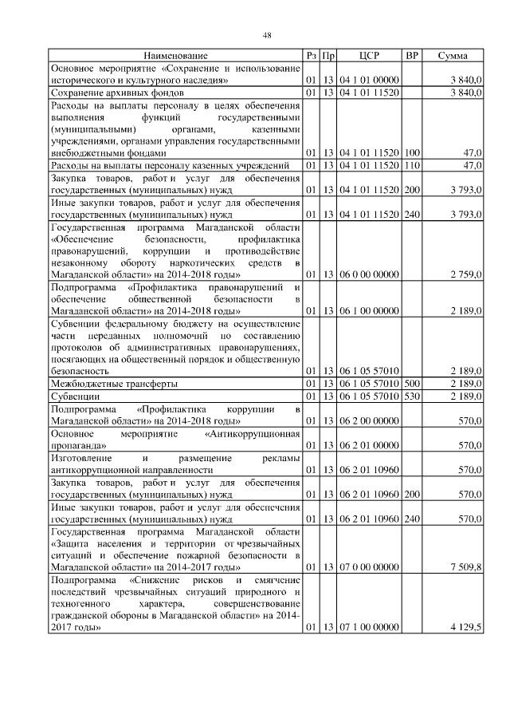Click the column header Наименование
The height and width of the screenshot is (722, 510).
coord(176,56)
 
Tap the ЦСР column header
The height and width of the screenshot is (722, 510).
coord(369,56)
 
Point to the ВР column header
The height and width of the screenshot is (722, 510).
coord(412,56)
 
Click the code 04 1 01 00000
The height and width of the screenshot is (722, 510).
coord(368,81)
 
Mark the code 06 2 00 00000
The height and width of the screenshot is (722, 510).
coord(368,420)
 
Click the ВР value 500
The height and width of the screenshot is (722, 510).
coord(412,384)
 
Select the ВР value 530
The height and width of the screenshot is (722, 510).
coord(412,396)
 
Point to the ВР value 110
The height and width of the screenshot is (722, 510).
coord(412,165)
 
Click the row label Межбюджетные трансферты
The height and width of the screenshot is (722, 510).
coord(114,384)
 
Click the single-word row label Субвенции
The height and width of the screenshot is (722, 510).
coord(75,396)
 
